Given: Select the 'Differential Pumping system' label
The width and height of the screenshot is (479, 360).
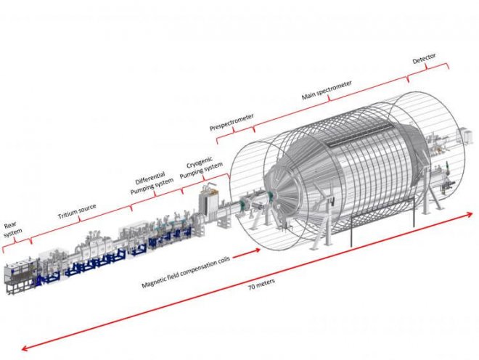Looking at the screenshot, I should (x=152, y=185).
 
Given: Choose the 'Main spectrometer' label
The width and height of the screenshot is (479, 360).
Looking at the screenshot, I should (x=327, y=89).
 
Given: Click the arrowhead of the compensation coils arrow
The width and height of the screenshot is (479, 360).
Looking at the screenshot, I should (x=257, y=250).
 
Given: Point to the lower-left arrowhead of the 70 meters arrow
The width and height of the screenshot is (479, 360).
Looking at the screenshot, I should (x=26, y=350).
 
